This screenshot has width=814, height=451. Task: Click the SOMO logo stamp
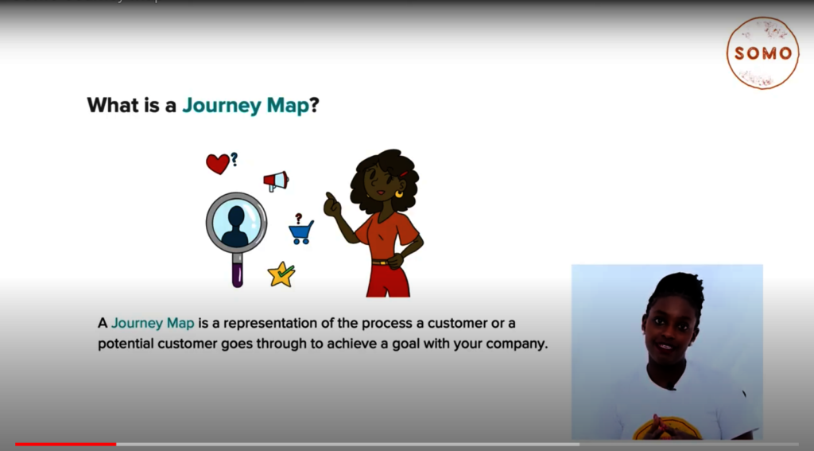pyautogui.click(x=762, y=53)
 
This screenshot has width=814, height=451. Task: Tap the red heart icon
pyautogui.click(x=218, y=163)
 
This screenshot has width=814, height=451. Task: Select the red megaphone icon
pyautogui.click(x=276, y=181)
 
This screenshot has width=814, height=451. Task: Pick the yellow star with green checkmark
pyautogui.click(x=281, y=274)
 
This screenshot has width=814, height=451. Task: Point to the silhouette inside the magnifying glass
pyautogui.click(x=235, y=226)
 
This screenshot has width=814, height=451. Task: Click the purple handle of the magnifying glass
pyautogui.click(x=237, y=274)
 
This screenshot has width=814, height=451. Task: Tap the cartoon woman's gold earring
pyautogui.click(x=399, y=194)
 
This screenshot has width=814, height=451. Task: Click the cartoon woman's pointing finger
pyautogui.click(x=328, y=197)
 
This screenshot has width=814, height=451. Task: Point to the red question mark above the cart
pyautogui.click(x=299, y=218)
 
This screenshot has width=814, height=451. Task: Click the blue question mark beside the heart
pyautogui.click(x=235, y=159)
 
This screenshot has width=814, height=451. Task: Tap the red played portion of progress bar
pyautogui.click(x=65, y=445)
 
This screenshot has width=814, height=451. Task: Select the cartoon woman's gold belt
pyautogui.click(x=382, y=262)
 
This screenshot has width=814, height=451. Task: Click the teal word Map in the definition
pyautogui.click(x=180, y=323)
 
